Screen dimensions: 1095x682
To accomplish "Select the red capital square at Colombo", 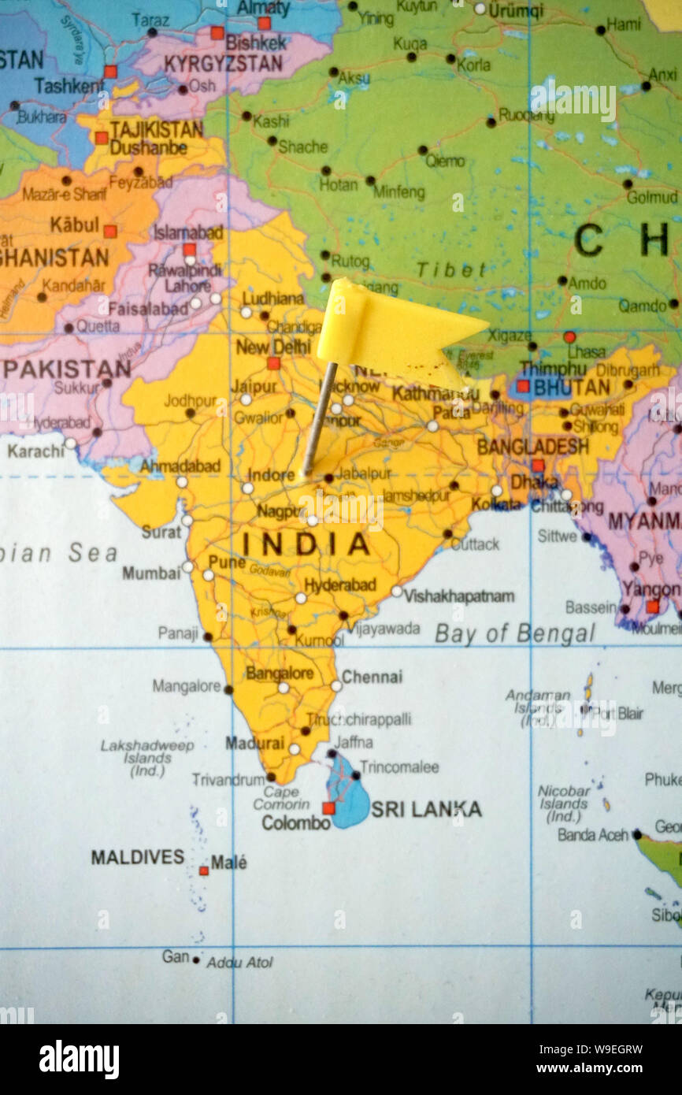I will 328,807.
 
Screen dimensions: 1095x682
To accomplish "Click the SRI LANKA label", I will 426,809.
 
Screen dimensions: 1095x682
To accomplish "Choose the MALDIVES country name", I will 138,857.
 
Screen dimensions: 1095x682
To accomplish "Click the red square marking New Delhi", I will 272,363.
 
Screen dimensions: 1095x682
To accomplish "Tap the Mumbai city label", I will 150,573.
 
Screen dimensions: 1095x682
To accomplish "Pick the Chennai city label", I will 372,677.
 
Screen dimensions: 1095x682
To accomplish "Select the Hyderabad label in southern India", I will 339,585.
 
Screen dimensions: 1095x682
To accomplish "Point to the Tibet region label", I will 451,270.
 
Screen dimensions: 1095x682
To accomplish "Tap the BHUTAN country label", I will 572,388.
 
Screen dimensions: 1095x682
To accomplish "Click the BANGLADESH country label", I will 532,447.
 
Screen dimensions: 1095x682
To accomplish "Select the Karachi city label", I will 35,451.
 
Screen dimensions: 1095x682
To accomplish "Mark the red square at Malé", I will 203,870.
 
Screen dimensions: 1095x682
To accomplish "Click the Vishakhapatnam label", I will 458,596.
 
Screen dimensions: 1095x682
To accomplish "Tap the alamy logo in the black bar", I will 79,1060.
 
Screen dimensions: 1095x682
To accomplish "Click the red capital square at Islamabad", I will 189,249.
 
